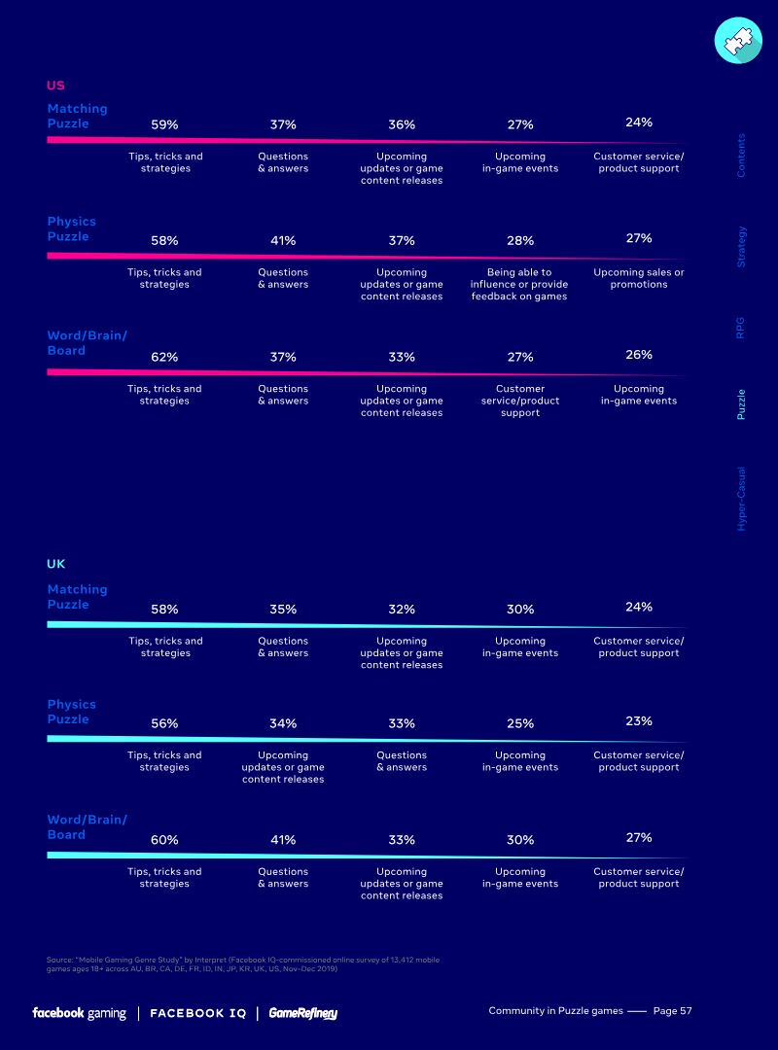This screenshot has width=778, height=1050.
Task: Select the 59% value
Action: [x=164, y=124]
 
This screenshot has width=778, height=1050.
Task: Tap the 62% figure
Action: [x=164, y=357]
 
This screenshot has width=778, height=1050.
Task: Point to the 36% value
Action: [x=402, y=124]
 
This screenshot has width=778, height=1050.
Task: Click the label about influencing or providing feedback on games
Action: [x=519, y=284]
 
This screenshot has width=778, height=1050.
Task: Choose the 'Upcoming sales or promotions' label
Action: [x=639, y=278]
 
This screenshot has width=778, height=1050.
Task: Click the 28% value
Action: [x=520, y=240]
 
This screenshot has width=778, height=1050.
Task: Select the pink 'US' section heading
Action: [x=55, y=86]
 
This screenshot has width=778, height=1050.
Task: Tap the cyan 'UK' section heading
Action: [x=55, y=564]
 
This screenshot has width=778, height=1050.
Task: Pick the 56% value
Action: [x=164, y=723]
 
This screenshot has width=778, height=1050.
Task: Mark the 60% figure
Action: [x=164, y=840]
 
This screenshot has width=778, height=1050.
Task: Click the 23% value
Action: [x=639, y=721]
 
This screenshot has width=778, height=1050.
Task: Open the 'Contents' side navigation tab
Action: [x=742, y=156]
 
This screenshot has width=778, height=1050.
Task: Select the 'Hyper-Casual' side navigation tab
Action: [x=742, y=497]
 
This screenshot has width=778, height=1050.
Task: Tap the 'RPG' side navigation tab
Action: [x=742, y=327]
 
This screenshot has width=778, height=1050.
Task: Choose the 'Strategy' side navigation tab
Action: [x=742, y=247]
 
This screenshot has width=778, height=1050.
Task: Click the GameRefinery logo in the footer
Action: [x=303, y=1013]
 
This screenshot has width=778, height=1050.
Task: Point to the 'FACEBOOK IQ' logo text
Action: [x=198, y=1013]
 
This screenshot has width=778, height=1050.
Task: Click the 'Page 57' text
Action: [x=672, y=1011]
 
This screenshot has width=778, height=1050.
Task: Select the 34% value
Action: [x=283, y=723]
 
